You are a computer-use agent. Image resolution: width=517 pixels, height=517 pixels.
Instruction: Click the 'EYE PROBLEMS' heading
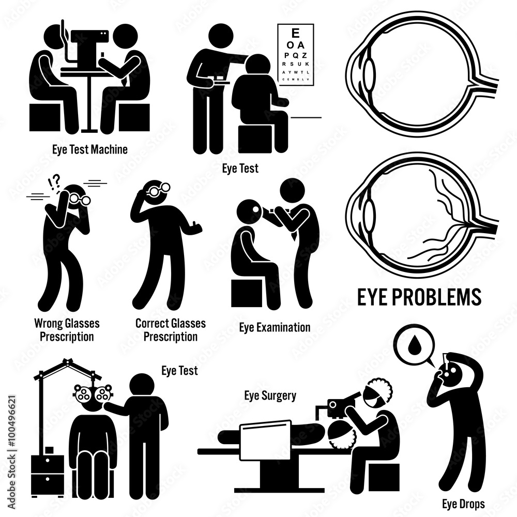coord(418,297)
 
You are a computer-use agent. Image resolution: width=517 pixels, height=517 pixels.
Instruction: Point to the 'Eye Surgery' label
coord(270,396)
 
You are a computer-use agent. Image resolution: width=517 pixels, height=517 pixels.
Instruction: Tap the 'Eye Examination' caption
coord(275,327)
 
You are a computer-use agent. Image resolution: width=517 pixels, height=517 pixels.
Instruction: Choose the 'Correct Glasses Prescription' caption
coord(171,330)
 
